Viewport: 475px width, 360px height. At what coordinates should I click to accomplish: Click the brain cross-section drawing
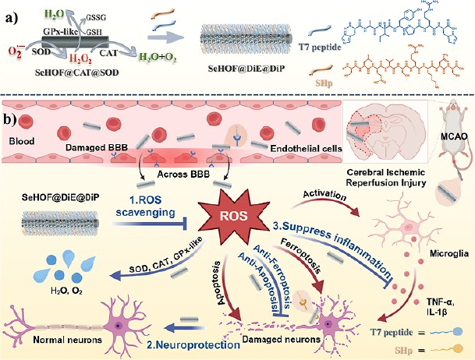pyautogui.click(x=367, y=137)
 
